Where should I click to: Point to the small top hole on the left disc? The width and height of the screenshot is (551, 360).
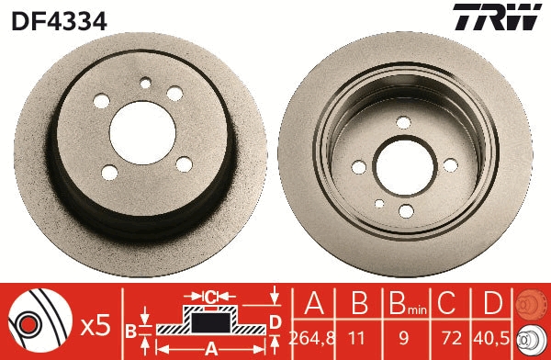[x=144, y=84]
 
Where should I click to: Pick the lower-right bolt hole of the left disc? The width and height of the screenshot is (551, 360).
[x=184, y=164]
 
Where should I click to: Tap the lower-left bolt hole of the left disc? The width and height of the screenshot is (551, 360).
[x=109, y=171]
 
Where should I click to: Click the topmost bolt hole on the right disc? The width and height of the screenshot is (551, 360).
[x=403, y=122]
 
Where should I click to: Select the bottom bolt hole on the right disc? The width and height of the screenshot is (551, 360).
[x=405, y=212]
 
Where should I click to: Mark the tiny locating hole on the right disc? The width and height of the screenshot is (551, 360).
[x=377, y=203]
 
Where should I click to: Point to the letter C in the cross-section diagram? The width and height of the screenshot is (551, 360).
[x=210, y=297]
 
